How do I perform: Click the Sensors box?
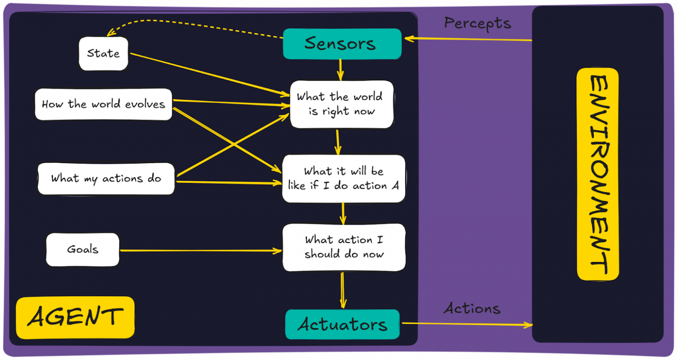coord(342,43)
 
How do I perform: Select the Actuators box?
coord(342,324)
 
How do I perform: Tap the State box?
coord(103,53)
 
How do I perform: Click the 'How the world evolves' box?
coord(103,104)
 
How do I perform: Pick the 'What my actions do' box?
coord(106,178)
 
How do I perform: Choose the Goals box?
coord(82,249)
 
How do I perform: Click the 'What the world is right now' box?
coord(342,104)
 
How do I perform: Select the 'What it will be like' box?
coord(343,178)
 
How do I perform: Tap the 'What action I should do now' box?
coord(344,247)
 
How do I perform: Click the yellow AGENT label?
coord(75,317)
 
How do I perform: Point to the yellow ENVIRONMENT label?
coord(598,173)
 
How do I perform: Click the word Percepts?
coord(477,23)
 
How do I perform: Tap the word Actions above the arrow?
coord(472,309)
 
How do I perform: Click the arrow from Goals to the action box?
coord(200,251)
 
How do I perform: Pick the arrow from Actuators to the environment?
coord(467,324)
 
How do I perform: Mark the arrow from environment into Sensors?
coord(469,39)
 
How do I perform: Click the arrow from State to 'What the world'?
coord(208,74)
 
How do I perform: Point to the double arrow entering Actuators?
coord(343,290)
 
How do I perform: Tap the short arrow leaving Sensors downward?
coord(341,69)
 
